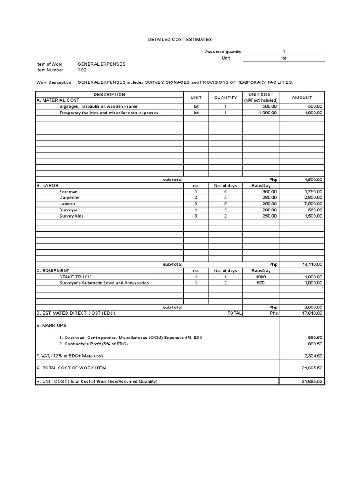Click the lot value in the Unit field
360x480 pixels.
(284, 58)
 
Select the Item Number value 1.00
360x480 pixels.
(82, 70)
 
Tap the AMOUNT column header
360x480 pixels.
(302, 97)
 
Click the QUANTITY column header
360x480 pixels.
(225, 97)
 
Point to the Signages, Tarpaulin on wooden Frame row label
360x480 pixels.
(98, 106)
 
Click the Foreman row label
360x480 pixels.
(68, 192)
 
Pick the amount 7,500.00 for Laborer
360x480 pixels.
(313, 204)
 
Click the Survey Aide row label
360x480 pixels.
(72, 216)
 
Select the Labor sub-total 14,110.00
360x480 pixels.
(312, 264)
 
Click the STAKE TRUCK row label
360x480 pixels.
(75, 277)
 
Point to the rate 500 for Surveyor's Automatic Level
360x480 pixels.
(261, 283)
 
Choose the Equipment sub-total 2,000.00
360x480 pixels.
(313, 307)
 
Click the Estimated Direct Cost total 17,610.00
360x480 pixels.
(312, 313)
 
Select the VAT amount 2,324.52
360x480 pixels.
(313, 356)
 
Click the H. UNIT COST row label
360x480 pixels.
(97, 382)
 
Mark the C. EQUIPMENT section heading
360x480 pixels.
(53, 270)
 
